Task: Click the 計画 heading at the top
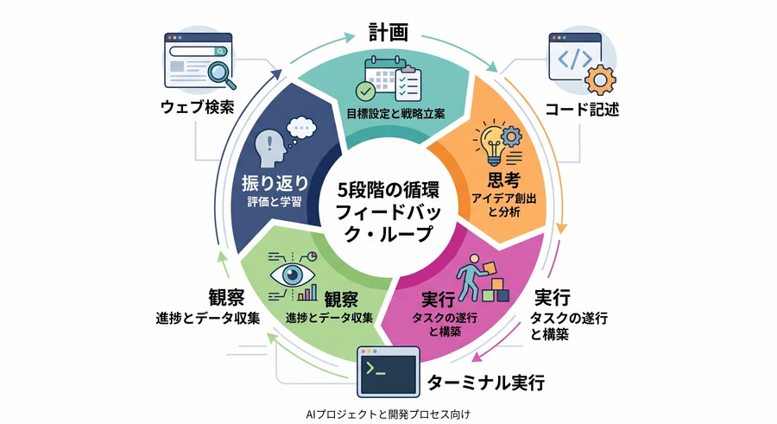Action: tap(388, 32)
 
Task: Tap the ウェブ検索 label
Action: tap(197, 107)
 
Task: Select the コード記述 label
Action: tap(582, 109)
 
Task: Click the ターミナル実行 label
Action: tap(485, 383)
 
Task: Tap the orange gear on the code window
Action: tap(600, 79)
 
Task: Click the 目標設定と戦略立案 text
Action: tap(395, 114)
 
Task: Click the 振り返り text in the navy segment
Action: tap(275, 183)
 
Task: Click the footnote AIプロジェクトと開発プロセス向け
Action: tap(388, 415)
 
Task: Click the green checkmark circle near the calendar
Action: tap(366, 92)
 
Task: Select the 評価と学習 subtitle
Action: tap(275, 202)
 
